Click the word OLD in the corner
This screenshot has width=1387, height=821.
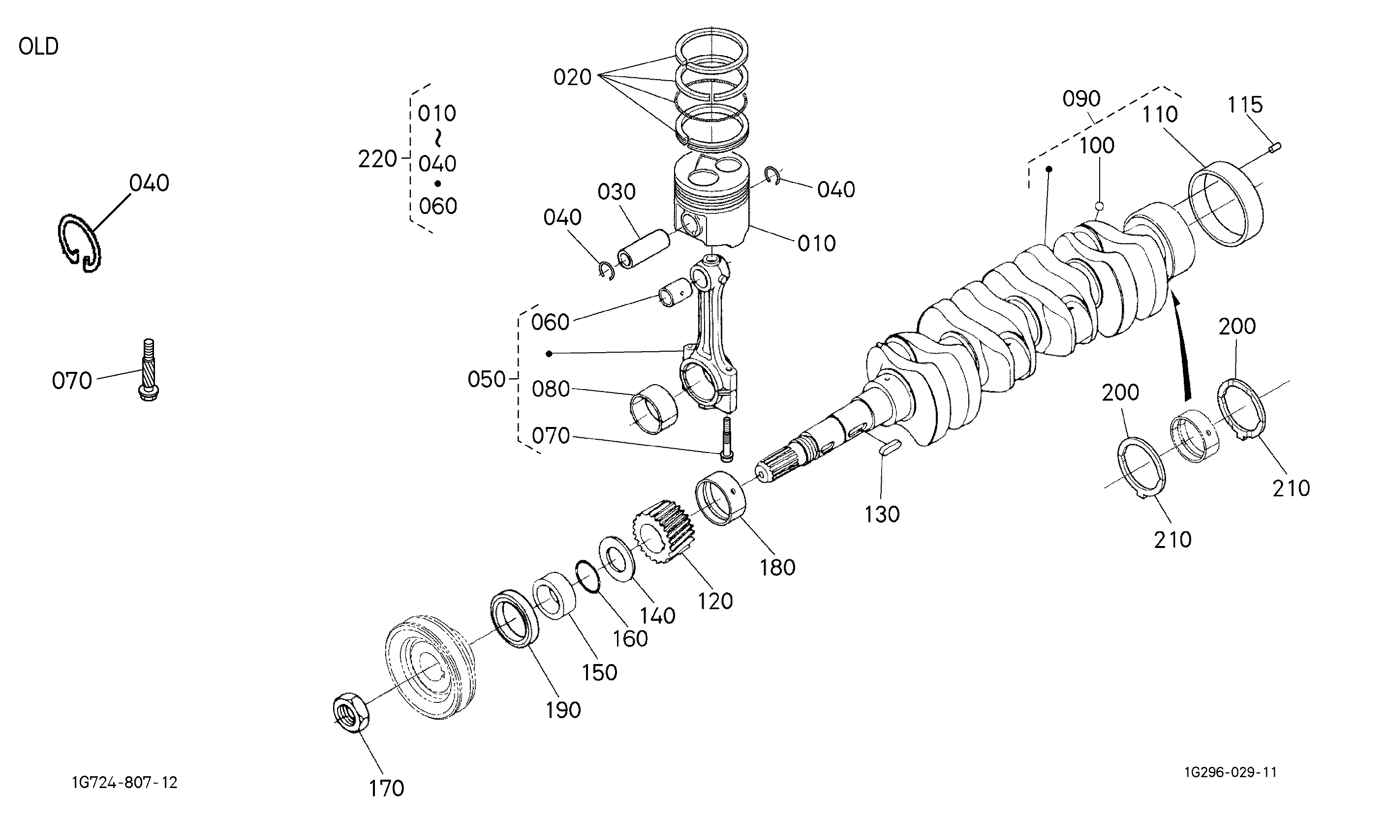pyautogui.click(x=38, y=46)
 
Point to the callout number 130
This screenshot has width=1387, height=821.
pyautogui.click(x=882, y=515)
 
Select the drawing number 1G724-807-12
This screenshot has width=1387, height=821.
pyautogui.click(x=124, y=782)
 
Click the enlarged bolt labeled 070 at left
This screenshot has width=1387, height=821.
pyautogui.click(x=148, y=369)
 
